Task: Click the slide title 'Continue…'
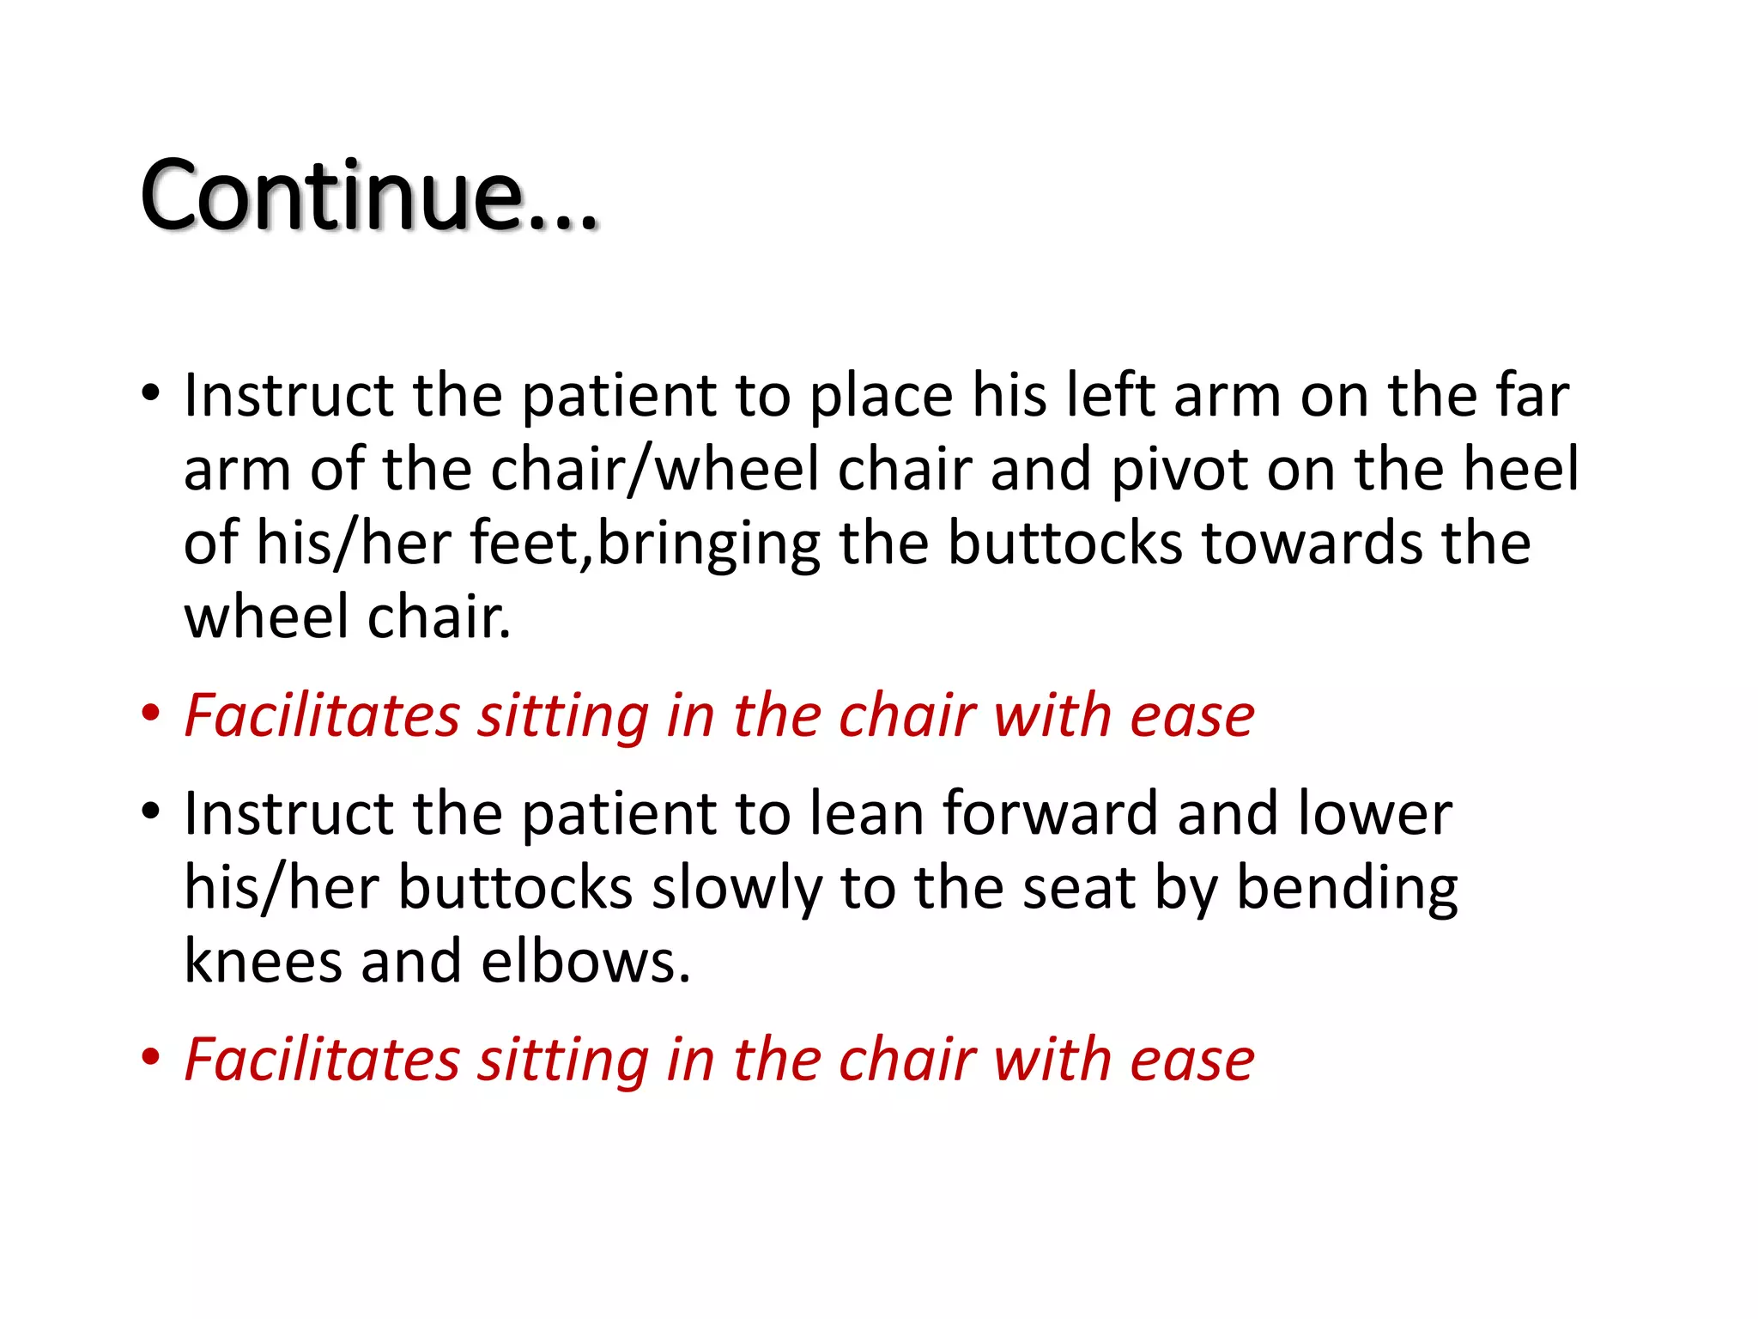(368, 197)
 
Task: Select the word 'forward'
(1051, 813)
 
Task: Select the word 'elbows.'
(585, 962)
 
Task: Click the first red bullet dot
(151, 714)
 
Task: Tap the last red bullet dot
(151, 1057)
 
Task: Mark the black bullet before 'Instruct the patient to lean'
(151, 811)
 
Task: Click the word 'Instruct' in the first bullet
(288, 396)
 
